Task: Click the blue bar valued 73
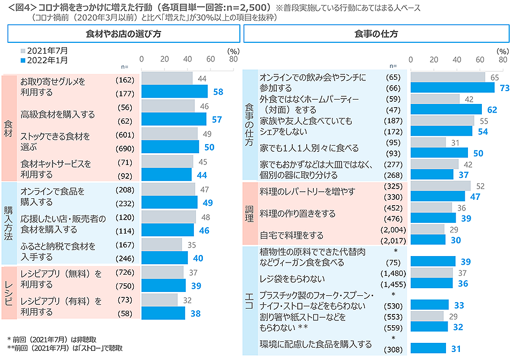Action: point(452,88)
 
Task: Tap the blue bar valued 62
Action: point(446,110)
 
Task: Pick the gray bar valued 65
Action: point(448,77)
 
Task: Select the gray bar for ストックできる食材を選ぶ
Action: point(169,134)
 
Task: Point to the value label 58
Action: point(218,92)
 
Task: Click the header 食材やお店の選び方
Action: point(123,34)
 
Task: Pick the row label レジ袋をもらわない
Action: point(292,279)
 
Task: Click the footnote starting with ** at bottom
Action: point(65,348)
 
